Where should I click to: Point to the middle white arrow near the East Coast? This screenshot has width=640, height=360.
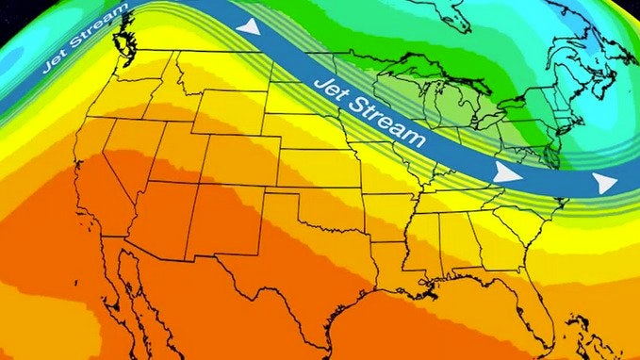[509, 173]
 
